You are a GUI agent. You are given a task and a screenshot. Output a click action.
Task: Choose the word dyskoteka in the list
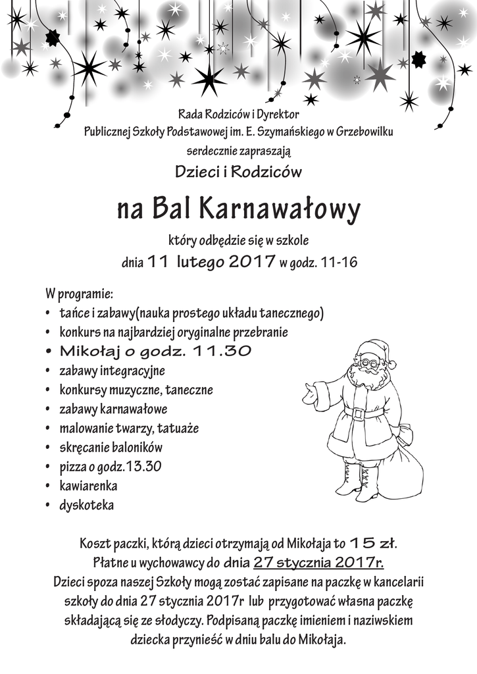[86, 505]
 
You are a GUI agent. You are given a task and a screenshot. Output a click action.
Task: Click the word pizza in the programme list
[72, 467]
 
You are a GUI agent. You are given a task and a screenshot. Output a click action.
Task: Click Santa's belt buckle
[359, 413]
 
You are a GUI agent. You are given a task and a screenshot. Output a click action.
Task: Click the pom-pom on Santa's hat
[391, 364]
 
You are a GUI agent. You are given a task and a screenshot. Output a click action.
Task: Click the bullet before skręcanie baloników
[49, 448]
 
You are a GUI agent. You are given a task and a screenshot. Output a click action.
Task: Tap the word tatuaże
[178, 428]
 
